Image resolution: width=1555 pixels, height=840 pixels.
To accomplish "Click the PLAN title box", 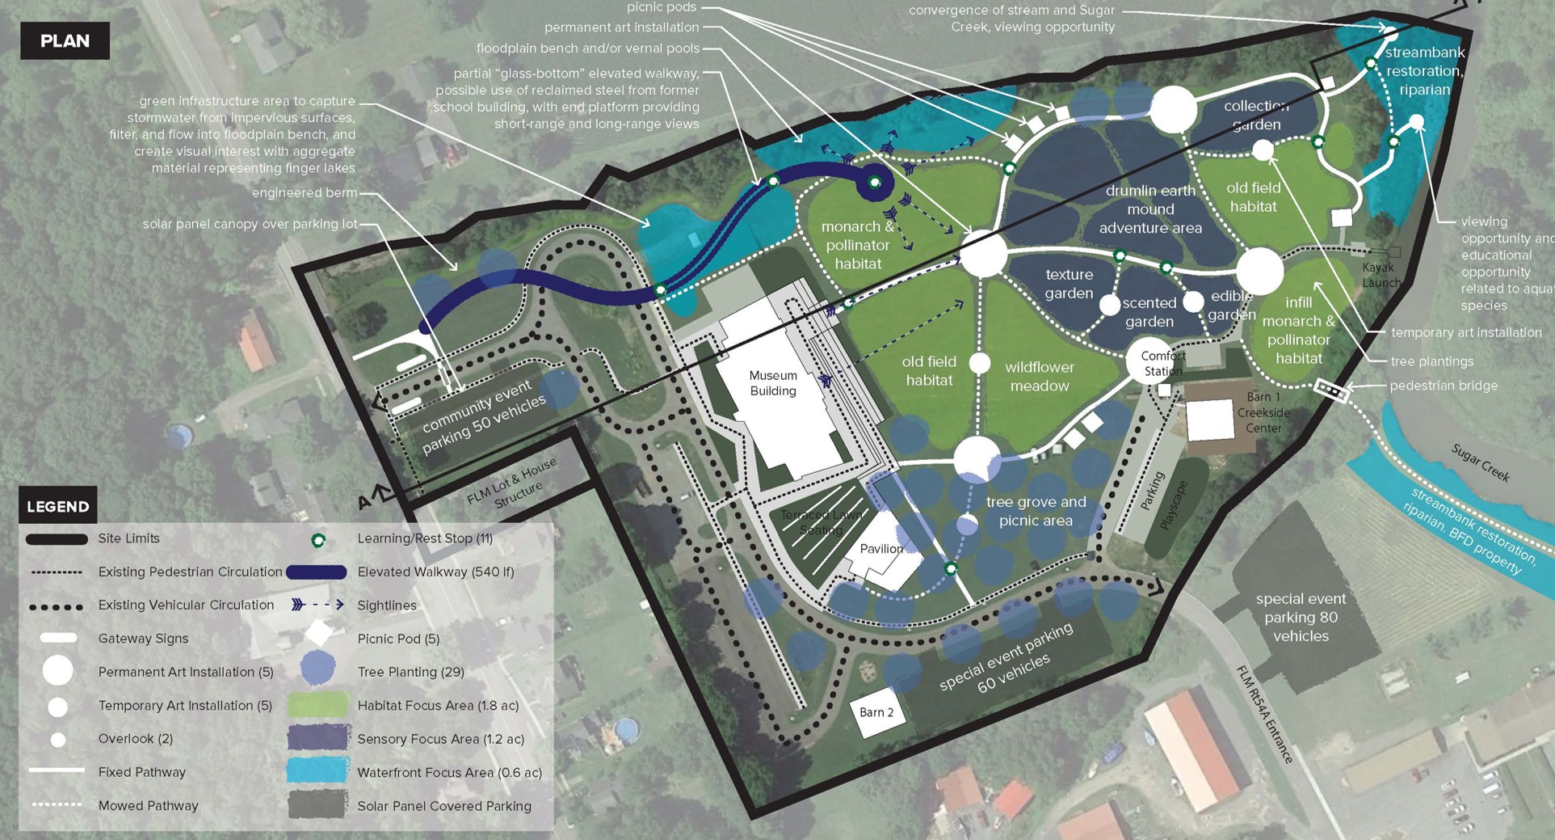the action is (x=65, y=41).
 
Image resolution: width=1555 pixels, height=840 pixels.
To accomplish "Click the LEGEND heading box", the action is (x=57, y=506).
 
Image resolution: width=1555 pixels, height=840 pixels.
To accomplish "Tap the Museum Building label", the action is (x=772, y=383).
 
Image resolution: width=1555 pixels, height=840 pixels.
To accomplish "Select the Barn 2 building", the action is (x=876, y=712).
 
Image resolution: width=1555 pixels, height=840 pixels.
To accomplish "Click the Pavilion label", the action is (x=881, y=549).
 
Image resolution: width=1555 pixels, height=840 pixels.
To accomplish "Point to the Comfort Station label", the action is (x=1162, y=364).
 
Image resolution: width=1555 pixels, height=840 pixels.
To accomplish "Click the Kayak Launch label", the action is (x=1381, y=275).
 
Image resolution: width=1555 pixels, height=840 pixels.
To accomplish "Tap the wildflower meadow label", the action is (x=1040, y=377).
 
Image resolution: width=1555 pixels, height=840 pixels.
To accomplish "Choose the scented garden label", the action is (x=1149, y=312).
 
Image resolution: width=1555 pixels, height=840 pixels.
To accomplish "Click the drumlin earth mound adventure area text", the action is (x=1150, y=209).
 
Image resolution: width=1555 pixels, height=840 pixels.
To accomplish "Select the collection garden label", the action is (x=1256, y=115).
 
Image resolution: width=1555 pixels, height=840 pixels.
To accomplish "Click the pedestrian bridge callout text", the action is (x=1444, y=386).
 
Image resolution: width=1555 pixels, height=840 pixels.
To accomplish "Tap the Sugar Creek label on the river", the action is (x=1480, y=462).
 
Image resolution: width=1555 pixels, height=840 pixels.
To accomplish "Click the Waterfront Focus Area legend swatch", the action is (x=317, y=771).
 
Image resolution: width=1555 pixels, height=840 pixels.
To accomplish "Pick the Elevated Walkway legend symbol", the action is (x=317, y=572).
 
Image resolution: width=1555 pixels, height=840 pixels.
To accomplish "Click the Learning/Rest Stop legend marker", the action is (x=317, y=539).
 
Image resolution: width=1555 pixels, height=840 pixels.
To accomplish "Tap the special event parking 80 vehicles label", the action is (x=1301, y=617).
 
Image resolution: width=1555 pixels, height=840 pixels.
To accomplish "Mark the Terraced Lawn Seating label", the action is (x=821, y=522).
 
